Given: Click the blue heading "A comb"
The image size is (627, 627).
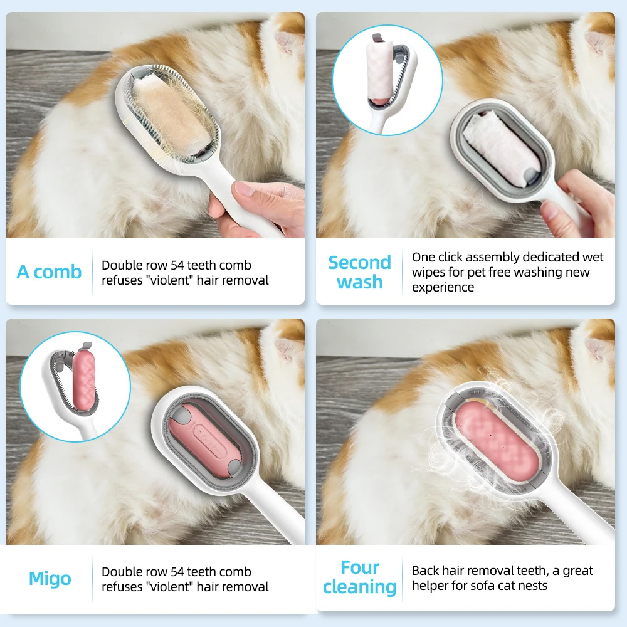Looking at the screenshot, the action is click(49, 272).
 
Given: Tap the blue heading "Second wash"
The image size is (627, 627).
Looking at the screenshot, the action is click(359, 272).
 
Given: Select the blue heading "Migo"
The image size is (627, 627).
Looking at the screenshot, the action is click(50, 579).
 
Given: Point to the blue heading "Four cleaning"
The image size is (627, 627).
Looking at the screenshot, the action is click(359, 577).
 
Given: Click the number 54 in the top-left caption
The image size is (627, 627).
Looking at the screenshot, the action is click(177, 265).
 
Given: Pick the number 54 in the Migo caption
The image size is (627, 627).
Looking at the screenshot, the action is click(177, 572).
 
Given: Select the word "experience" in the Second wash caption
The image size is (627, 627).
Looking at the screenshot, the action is click(443, 288).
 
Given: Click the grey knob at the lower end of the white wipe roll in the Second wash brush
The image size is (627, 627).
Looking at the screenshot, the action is click(529, 175).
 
